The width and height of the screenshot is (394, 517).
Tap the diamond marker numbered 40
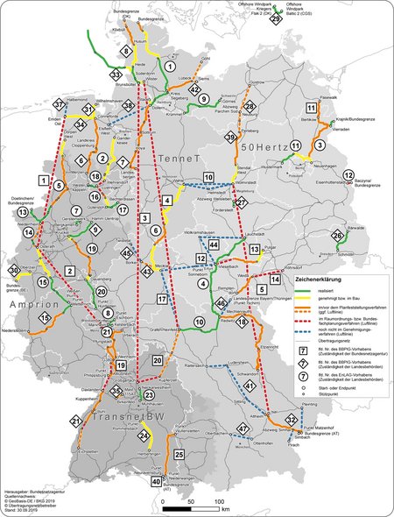(156, 481)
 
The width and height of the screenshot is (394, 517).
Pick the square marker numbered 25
(179, 455)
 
